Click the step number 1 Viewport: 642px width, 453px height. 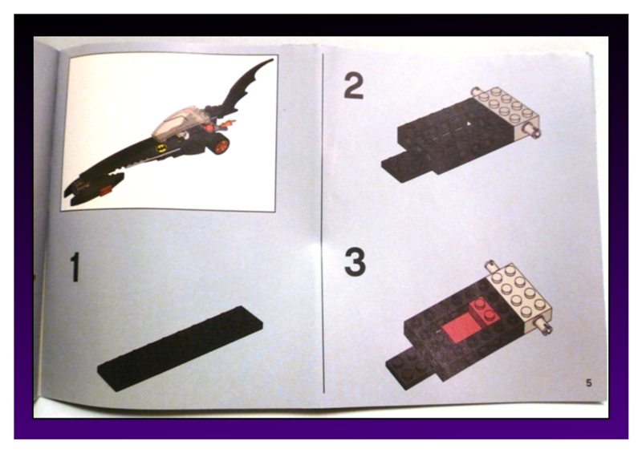point(75,267)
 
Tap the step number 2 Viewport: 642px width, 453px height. point(353,84)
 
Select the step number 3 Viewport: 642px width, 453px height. point(355,262)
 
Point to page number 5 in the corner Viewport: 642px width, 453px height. point(588,382)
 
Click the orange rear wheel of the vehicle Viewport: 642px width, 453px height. point(220,145)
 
